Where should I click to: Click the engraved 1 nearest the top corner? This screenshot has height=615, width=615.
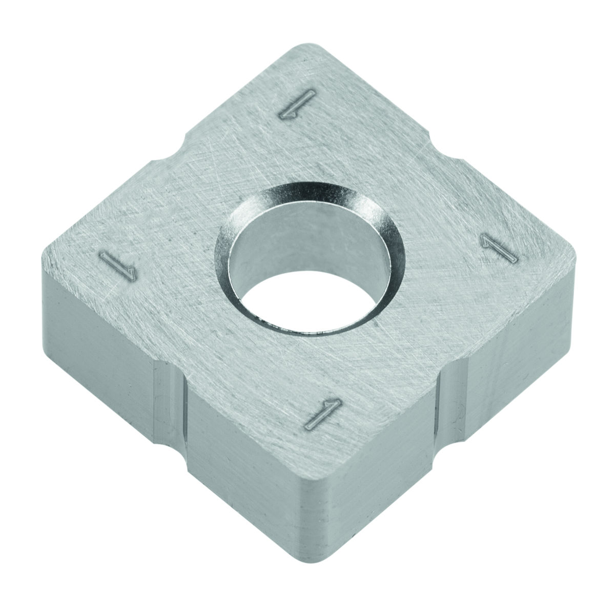(x=298, y=104)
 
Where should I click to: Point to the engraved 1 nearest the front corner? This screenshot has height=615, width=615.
(x=323, y=414)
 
